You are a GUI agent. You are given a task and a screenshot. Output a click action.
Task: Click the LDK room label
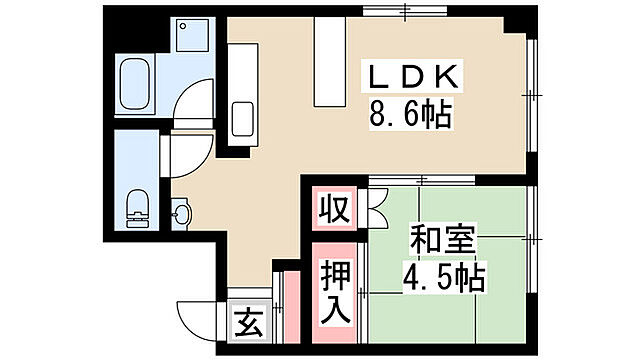(x=415, y=77)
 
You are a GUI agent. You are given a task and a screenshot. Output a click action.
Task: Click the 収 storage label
(x=333, y=211)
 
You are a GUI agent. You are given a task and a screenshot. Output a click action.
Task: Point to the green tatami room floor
(x=450, y=300)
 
